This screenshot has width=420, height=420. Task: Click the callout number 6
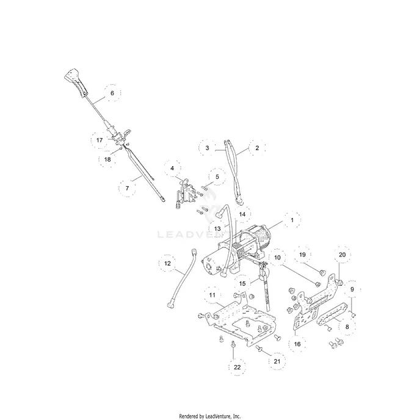pos(112,93)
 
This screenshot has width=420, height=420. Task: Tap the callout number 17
pos(100,140)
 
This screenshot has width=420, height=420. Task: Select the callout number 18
pos(107,159)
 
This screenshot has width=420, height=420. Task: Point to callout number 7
pos(127,188)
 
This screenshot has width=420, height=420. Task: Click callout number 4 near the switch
pos(172,168)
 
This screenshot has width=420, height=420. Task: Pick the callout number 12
pos(167,264)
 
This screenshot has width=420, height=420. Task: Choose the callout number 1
pos(292,220)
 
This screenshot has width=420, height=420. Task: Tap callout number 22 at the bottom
pos(237,367)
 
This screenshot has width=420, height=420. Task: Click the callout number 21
pos(277,361)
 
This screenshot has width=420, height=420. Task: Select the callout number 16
pos(297,344)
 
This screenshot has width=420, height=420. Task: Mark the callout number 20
pos(342,255)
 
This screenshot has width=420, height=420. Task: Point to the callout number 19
pos(302,255)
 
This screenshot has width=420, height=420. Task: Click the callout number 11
pos(212,295)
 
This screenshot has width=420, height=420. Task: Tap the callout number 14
pos(242,214)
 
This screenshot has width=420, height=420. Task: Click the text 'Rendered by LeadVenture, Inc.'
pos(210,416)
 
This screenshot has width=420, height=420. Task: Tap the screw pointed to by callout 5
pos(205,188)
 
